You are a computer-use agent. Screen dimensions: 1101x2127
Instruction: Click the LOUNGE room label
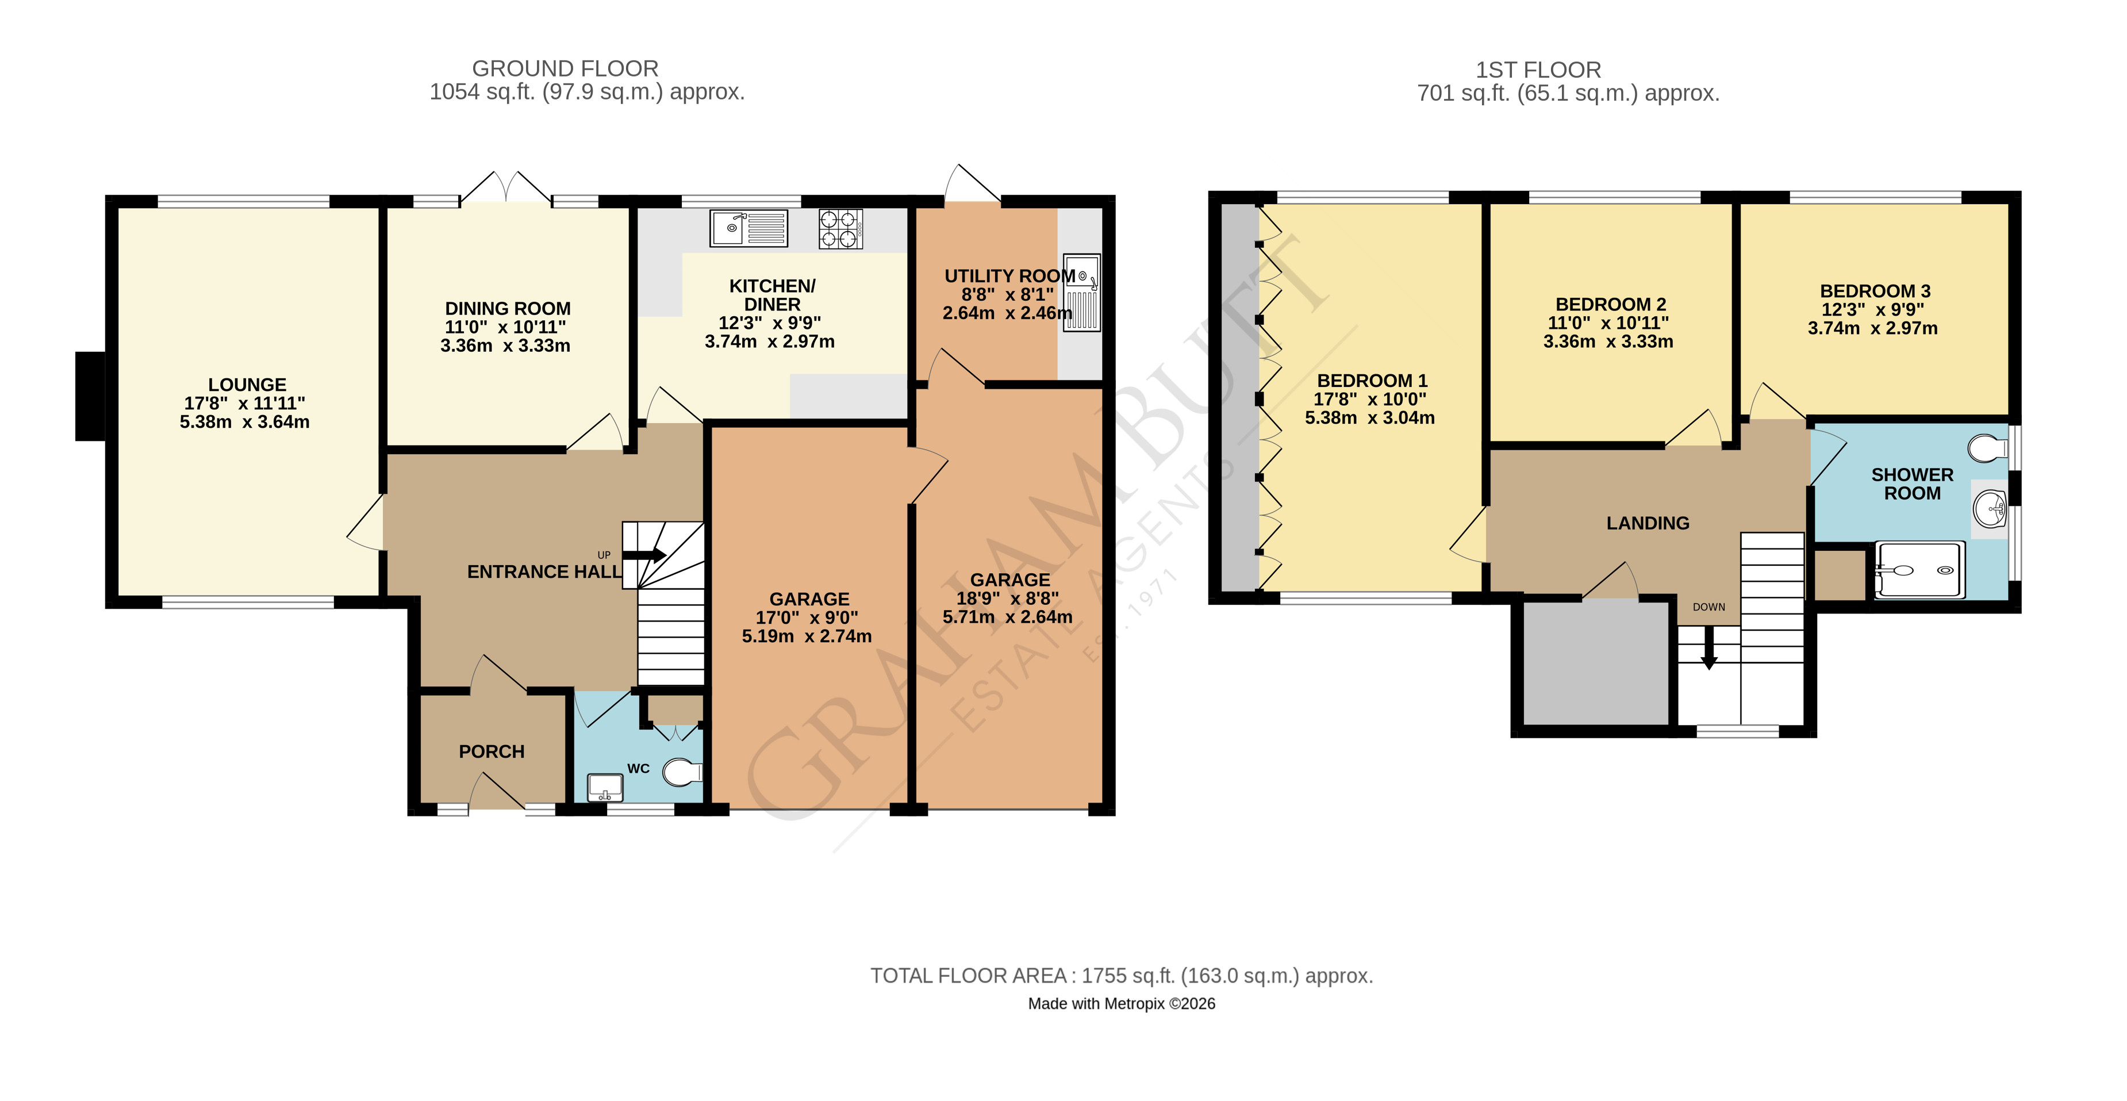[x=247, y=385]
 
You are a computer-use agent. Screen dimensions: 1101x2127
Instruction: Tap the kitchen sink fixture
[x=748, y=228]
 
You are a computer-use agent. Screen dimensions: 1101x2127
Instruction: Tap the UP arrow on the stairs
[x=644, y=555]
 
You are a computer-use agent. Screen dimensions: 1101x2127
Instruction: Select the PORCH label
[x=492, y=751]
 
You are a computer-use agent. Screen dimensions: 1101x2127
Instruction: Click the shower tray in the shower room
[x=1919, y=570]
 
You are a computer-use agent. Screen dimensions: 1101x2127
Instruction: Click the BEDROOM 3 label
[x=1874, y=291]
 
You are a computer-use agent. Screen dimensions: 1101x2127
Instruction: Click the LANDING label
[x=1647, y=523]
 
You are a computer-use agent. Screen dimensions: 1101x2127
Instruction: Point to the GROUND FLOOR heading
[x=565, y=68]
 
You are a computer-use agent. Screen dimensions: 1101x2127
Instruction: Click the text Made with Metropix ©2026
[x=1122, y=1003]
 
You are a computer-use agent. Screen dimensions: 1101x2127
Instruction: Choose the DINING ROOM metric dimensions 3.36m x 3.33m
[x=505, y=346]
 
